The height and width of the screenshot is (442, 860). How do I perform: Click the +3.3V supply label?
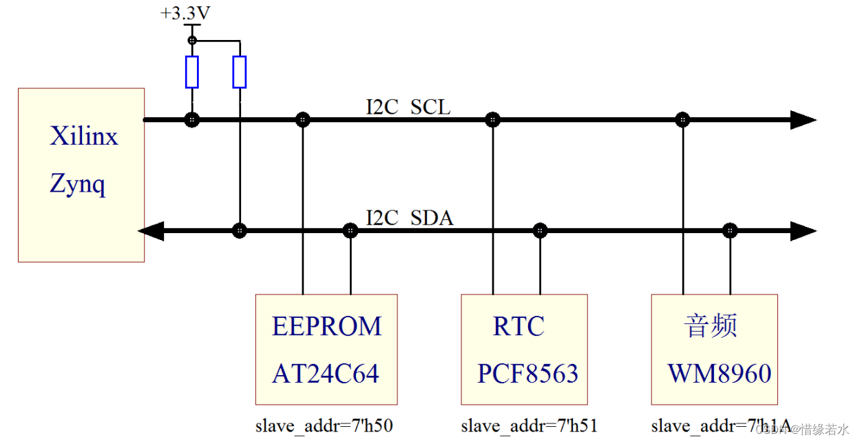(x=186, y=13)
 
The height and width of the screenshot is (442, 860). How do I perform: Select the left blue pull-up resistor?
(x=192, y=72)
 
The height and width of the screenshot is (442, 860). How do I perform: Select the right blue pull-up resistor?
(x=239, y=72)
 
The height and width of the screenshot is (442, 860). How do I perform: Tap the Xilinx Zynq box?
(x=81, y=174)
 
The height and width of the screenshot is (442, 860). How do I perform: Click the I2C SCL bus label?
(x=408, y=108)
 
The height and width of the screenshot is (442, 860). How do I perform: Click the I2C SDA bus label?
(x=409, y=219)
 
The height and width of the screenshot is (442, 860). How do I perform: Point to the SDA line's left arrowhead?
(x=152, y=230)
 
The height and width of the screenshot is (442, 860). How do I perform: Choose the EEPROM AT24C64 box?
(x=326, y=349)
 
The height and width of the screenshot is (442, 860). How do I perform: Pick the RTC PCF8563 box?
(x=524, y=349)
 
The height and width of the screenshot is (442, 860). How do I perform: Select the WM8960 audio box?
(x=714, y=349)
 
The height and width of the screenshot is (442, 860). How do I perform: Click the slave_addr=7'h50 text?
(x=324, y=425)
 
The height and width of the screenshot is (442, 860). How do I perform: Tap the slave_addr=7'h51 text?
(x=529, y=425)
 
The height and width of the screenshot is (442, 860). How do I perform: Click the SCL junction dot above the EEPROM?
(x=302, y=120)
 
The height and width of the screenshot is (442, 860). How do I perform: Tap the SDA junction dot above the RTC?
(x=540, y=230)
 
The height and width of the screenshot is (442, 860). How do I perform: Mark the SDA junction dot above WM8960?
(x=730, y=230)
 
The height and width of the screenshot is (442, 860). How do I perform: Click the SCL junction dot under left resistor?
(x=192, y=120)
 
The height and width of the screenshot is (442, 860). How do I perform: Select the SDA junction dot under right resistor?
(x=239, y=230)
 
